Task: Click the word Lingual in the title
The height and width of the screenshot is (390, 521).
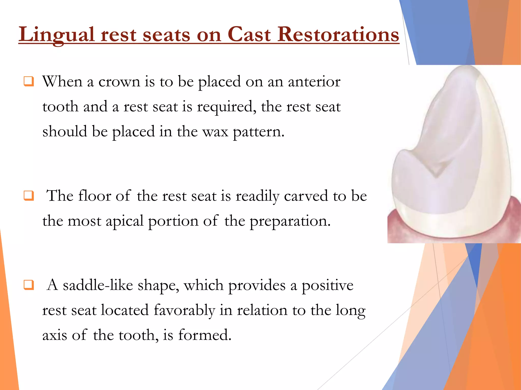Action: (x=57, y=35)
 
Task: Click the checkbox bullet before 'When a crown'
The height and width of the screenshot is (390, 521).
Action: (x=28, y=82)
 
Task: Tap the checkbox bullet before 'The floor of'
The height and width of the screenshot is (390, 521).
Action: (x=28, y=196)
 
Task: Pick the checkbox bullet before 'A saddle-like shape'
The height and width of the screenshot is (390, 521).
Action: (x=28, y=285)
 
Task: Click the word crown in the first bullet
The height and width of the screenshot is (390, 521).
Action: (x=119, y=82)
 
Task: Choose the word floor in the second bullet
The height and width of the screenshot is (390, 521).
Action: (x=95, y=196)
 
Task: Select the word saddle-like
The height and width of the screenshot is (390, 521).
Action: (x=98, y=285)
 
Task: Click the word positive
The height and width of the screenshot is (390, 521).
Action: (x=327, y=285)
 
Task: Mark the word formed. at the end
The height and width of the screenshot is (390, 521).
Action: (x=205, y=335)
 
